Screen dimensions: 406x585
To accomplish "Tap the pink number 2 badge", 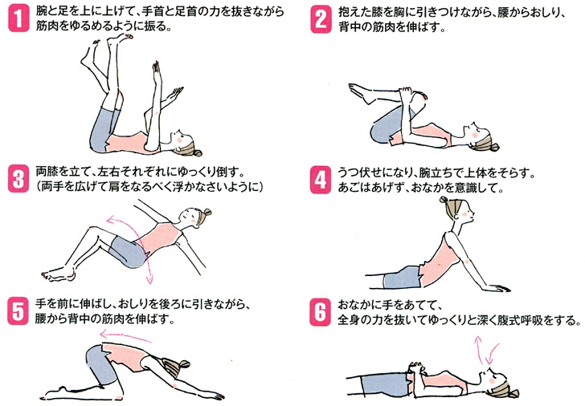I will [320, 18].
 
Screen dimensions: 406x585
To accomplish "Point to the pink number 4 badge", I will [320, 180].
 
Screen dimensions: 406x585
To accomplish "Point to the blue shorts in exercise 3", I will [131, 252].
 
